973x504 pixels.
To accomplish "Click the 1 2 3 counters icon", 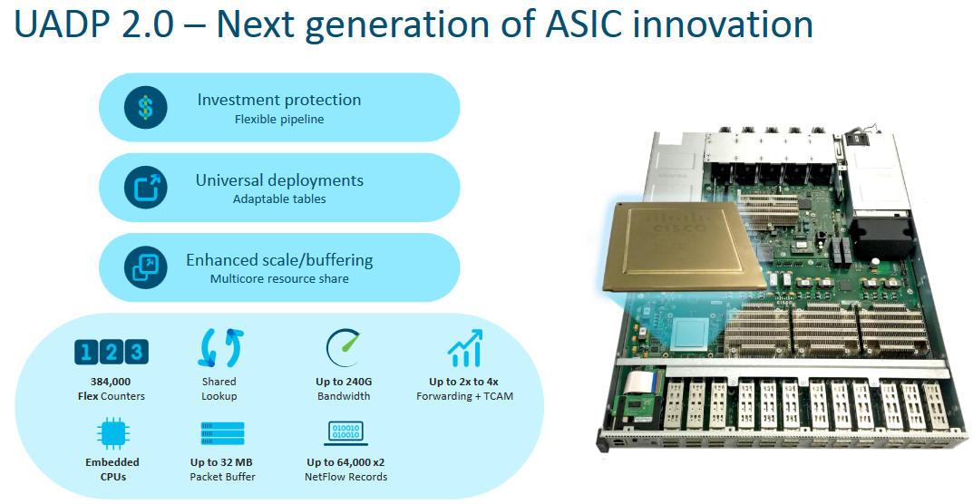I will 110,352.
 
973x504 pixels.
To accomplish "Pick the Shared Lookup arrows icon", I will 219,348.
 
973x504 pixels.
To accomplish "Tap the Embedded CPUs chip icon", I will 113,433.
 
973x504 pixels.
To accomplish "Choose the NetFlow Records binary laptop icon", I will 345,433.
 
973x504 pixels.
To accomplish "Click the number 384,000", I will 111,382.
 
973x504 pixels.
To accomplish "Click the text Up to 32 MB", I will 222,462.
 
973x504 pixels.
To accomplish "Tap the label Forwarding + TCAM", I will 464,396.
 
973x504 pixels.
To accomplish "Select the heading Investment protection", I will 279,100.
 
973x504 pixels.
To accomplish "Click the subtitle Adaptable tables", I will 279,199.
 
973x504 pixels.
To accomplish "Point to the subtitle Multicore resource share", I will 279,278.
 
